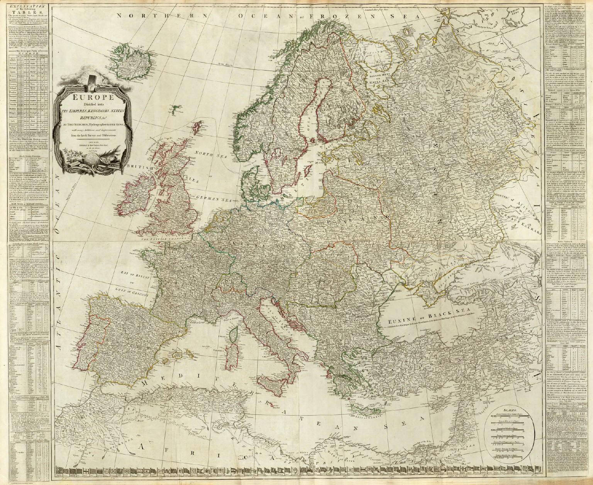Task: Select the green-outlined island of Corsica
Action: [x=233, y=332]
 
